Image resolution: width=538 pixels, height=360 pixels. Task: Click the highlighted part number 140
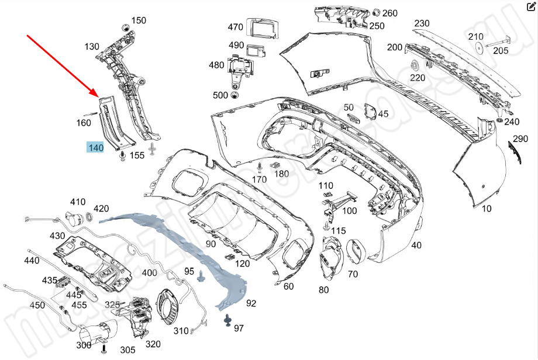pyautogui.click(x=96, y=148)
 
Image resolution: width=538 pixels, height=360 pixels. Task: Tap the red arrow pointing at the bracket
pyautogui.click(x=62, y=65)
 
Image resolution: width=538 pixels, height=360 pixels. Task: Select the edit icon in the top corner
pyautogui.click(x=530, y=8)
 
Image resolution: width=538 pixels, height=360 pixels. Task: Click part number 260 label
pyautogui.click(x=389, y=13)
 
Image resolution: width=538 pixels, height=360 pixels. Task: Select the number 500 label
pyautogui.click(x=220, y=95)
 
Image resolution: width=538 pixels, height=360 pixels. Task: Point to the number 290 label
pyautogui.click(x=520, y=139)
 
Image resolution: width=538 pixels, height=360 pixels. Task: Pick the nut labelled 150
pyautogui.click(x=125, y=27)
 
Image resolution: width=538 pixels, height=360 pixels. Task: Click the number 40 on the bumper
pyautogui.click(x=416, y=245)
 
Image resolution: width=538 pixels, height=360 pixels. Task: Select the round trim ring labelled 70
pyautogui.click(x=356, y=251)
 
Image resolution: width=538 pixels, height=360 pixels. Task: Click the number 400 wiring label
pyautogui.click(x=149, y=273)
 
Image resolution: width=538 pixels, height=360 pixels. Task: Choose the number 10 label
pyautogui.click(x=487, y=208)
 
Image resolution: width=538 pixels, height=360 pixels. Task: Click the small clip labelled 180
pyautogui.click(x=274, y=166)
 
